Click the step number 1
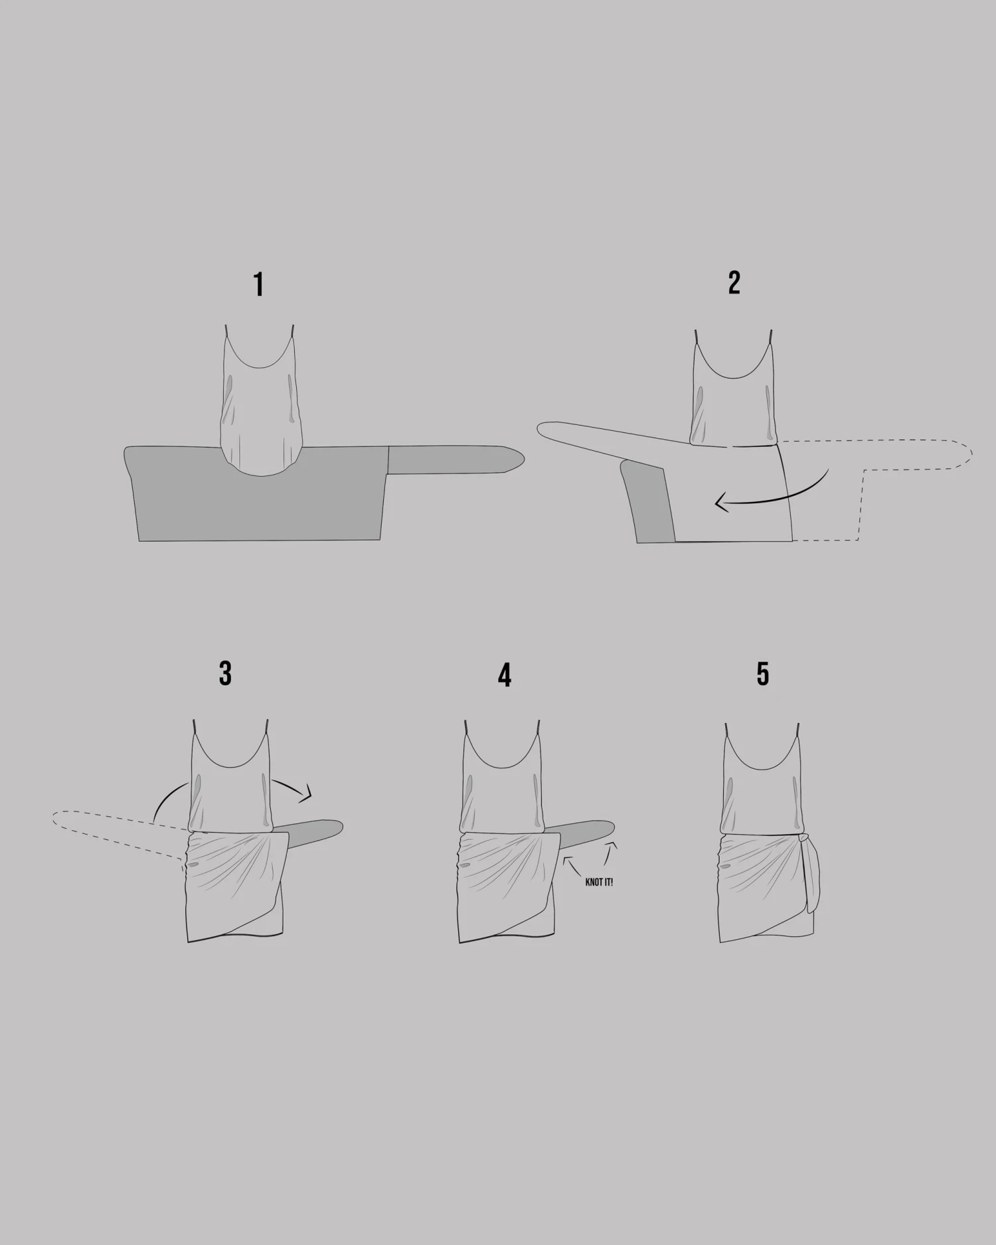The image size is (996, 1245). pos(259,285)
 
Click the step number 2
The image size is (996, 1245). pos(734,283)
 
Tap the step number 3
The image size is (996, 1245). pos(225,673)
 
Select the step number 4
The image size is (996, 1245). pos(505,675)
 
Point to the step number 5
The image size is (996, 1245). pos(763,673)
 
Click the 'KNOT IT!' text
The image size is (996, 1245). pos(599,882)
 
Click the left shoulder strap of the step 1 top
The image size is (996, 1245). pos(226,330)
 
